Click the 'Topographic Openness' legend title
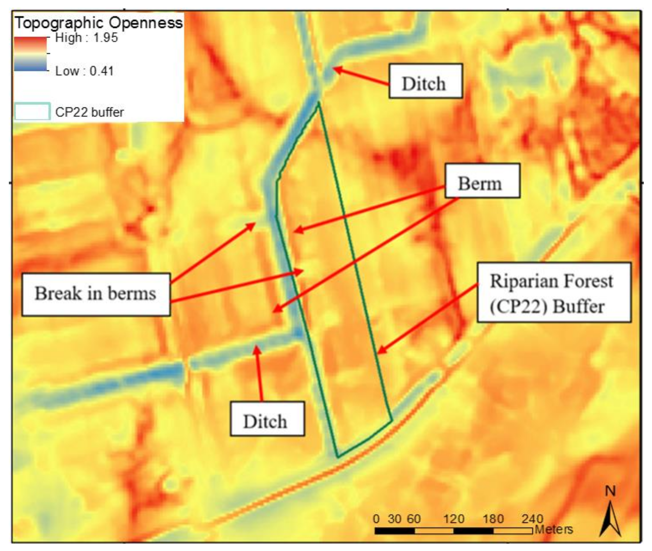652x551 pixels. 99,23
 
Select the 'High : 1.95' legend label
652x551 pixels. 86,38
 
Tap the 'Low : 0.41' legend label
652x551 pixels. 84,71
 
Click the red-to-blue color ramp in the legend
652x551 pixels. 30,54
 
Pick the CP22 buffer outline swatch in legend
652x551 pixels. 32,111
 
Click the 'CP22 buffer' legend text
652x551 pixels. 89,112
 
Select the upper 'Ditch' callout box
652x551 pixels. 425,81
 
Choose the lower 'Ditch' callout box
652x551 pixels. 267,419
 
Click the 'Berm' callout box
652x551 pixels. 482,181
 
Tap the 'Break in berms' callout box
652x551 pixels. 96,294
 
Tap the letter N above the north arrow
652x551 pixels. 610,491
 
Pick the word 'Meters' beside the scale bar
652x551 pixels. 554,529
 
